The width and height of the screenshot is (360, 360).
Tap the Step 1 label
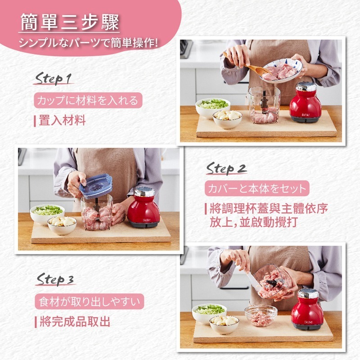pos(53,79)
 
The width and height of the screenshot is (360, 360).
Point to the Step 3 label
pos(55,279)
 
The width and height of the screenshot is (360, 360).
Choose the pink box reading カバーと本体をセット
pos(256,188)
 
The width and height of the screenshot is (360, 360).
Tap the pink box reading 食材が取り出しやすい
pos(89,301)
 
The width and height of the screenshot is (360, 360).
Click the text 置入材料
pos(62,121)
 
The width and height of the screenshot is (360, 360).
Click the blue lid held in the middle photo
pos(96,184)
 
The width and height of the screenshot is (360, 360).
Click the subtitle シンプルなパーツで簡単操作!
pos(88,44)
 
